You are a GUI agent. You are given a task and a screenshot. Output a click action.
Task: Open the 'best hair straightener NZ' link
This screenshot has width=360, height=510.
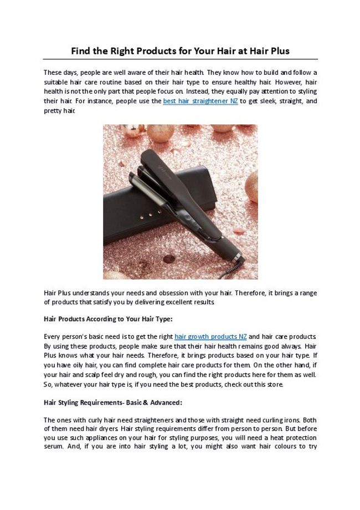[x=200, y=101]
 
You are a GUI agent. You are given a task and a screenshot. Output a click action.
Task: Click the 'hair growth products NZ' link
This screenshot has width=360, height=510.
[x=210, y=336]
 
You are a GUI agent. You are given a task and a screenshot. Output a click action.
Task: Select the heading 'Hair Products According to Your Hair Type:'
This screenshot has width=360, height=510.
[x=108, y=319]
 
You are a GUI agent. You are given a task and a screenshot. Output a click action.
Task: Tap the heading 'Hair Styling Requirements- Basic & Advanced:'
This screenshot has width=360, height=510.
[x=112, y=402]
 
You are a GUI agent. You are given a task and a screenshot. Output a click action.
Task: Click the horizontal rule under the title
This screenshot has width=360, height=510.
[x=180, y=59]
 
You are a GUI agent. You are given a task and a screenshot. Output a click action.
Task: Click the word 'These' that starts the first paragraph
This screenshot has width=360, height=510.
[x=53, y=72]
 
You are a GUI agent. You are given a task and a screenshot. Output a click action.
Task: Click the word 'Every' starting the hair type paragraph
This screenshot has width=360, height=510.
[x=52, y=336]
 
